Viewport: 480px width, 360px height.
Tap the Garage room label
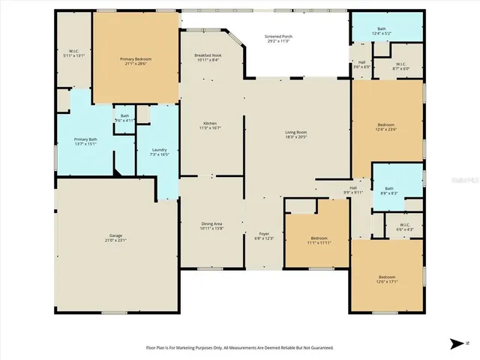point(116,235)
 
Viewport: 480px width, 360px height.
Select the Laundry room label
point(158,149)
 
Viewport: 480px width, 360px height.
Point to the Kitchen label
point(211,124)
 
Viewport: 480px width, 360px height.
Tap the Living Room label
point(296,132)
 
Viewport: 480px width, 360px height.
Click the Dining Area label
point(211,223)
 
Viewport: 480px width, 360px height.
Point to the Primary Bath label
point(85,139)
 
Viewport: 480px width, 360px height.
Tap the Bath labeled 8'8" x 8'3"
point(388,188)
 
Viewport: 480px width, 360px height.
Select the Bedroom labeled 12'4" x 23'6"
point(386,124)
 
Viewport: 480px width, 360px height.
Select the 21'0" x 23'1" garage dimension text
point(116,240)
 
